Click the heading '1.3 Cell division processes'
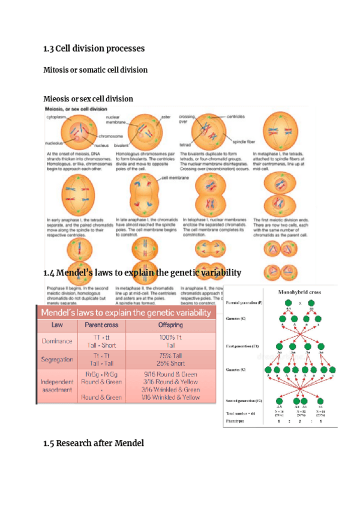pyautogui.click(x=94, y=47)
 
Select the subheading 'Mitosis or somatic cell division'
pyautogui.click(x=95, y=70)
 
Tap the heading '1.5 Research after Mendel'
pyautogui.click(x=94, y=444)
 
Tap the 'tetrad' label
pyautogui.click(x=185, y=145)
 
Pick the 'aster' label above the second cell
pyautogui.click(x=167, y=116)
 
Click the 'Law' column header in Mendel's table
pyautogui.click(x=58, y=325)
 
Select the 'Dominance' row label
pyautogui.click(x=58, y=342)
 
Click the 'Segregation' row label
pyautogui.click(x=58, y=360)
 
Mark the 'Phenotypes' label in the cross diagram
pyautogui.click(x=238, y=423)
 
